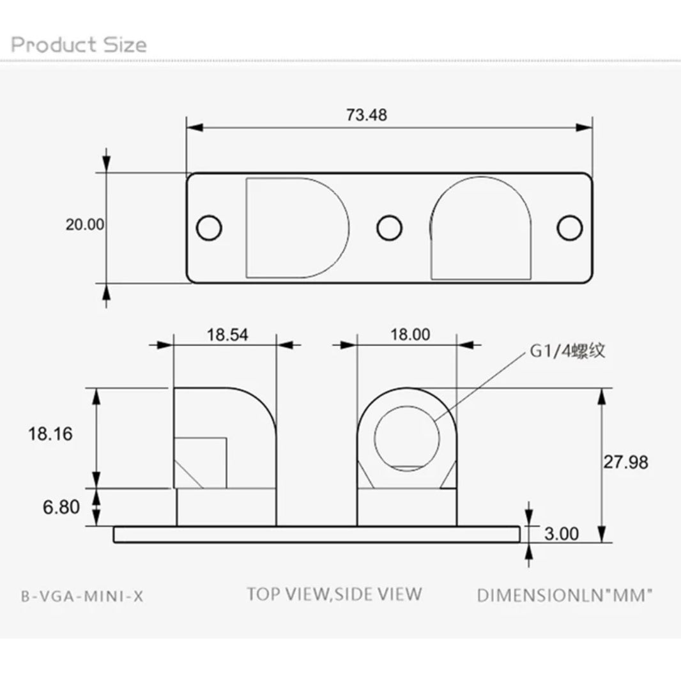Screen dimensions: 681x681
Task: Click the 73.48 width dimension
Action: [x=367, y=115]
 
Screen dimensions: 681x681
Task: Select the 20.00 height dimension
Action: [x=84, y=225]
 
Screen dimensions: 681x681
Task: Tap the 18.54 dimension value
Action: [x=227, y=334]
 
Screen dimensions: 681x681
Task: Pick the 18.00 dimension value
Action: [x=410, y=334]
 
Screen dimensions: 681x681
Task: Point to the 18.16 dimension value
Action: [x=50, y=434]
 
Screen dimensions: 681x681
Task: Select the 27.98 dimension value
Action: [x=626, y=462]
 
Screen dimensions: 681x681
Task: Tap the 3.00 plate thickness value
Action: [x=562, y=533]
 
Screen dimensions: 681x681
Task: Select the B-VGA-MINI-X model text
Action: [x=82, y=596]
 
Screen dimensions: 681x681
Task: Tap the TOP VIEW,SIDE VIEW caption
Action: [x=334, y=593]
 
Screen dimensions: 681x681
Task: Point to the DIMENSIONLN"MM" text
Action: [x=565, y=596]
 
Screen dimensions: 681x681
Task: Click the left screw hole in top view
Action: [x=209, y=227]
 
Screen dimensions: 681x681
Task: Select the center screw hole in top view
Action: [x=389, y=227]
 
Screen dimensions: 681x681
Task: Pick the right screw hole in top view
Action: [x=569, y=227]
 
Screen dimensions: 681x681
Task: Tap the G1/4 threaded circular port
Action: [x=407, y=436]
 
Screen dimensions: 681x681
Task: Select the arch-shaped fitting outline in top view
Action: [x=480, y=227]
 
